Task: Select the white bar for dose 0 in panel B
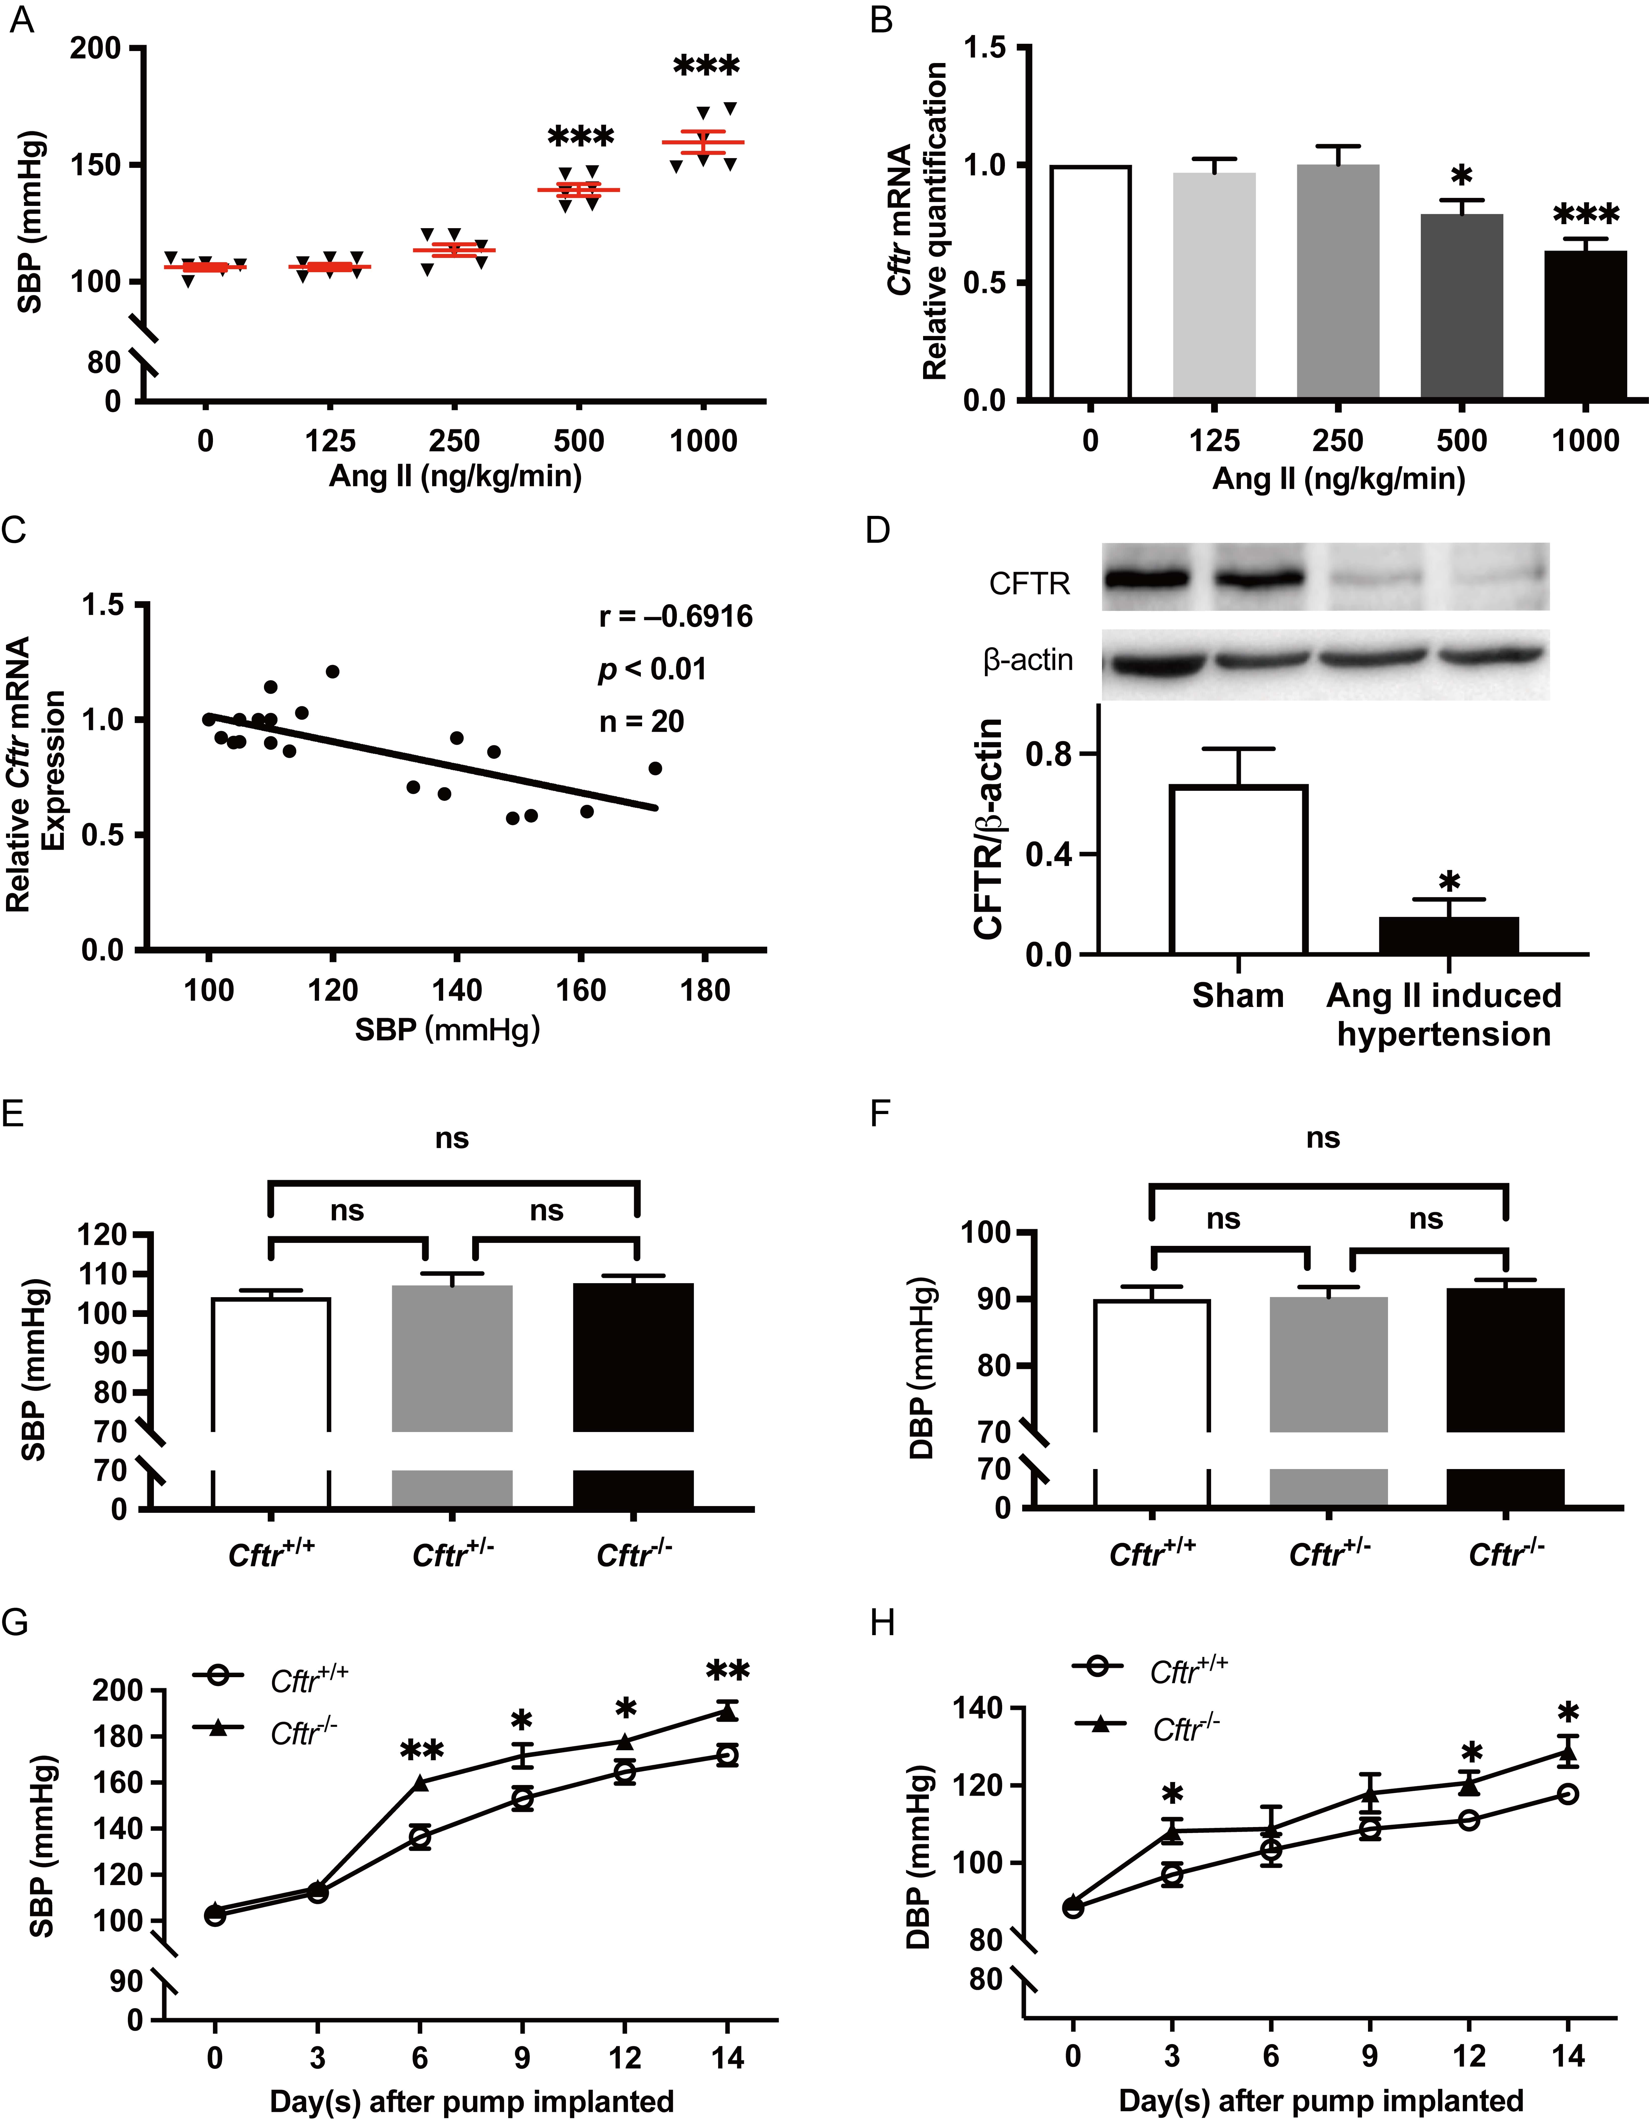click(x=1089, y=282)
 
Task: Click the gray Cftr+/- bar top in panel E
click(x=451, y=1289)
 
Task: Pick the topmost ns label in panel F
click(x=1322, y=1138)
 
